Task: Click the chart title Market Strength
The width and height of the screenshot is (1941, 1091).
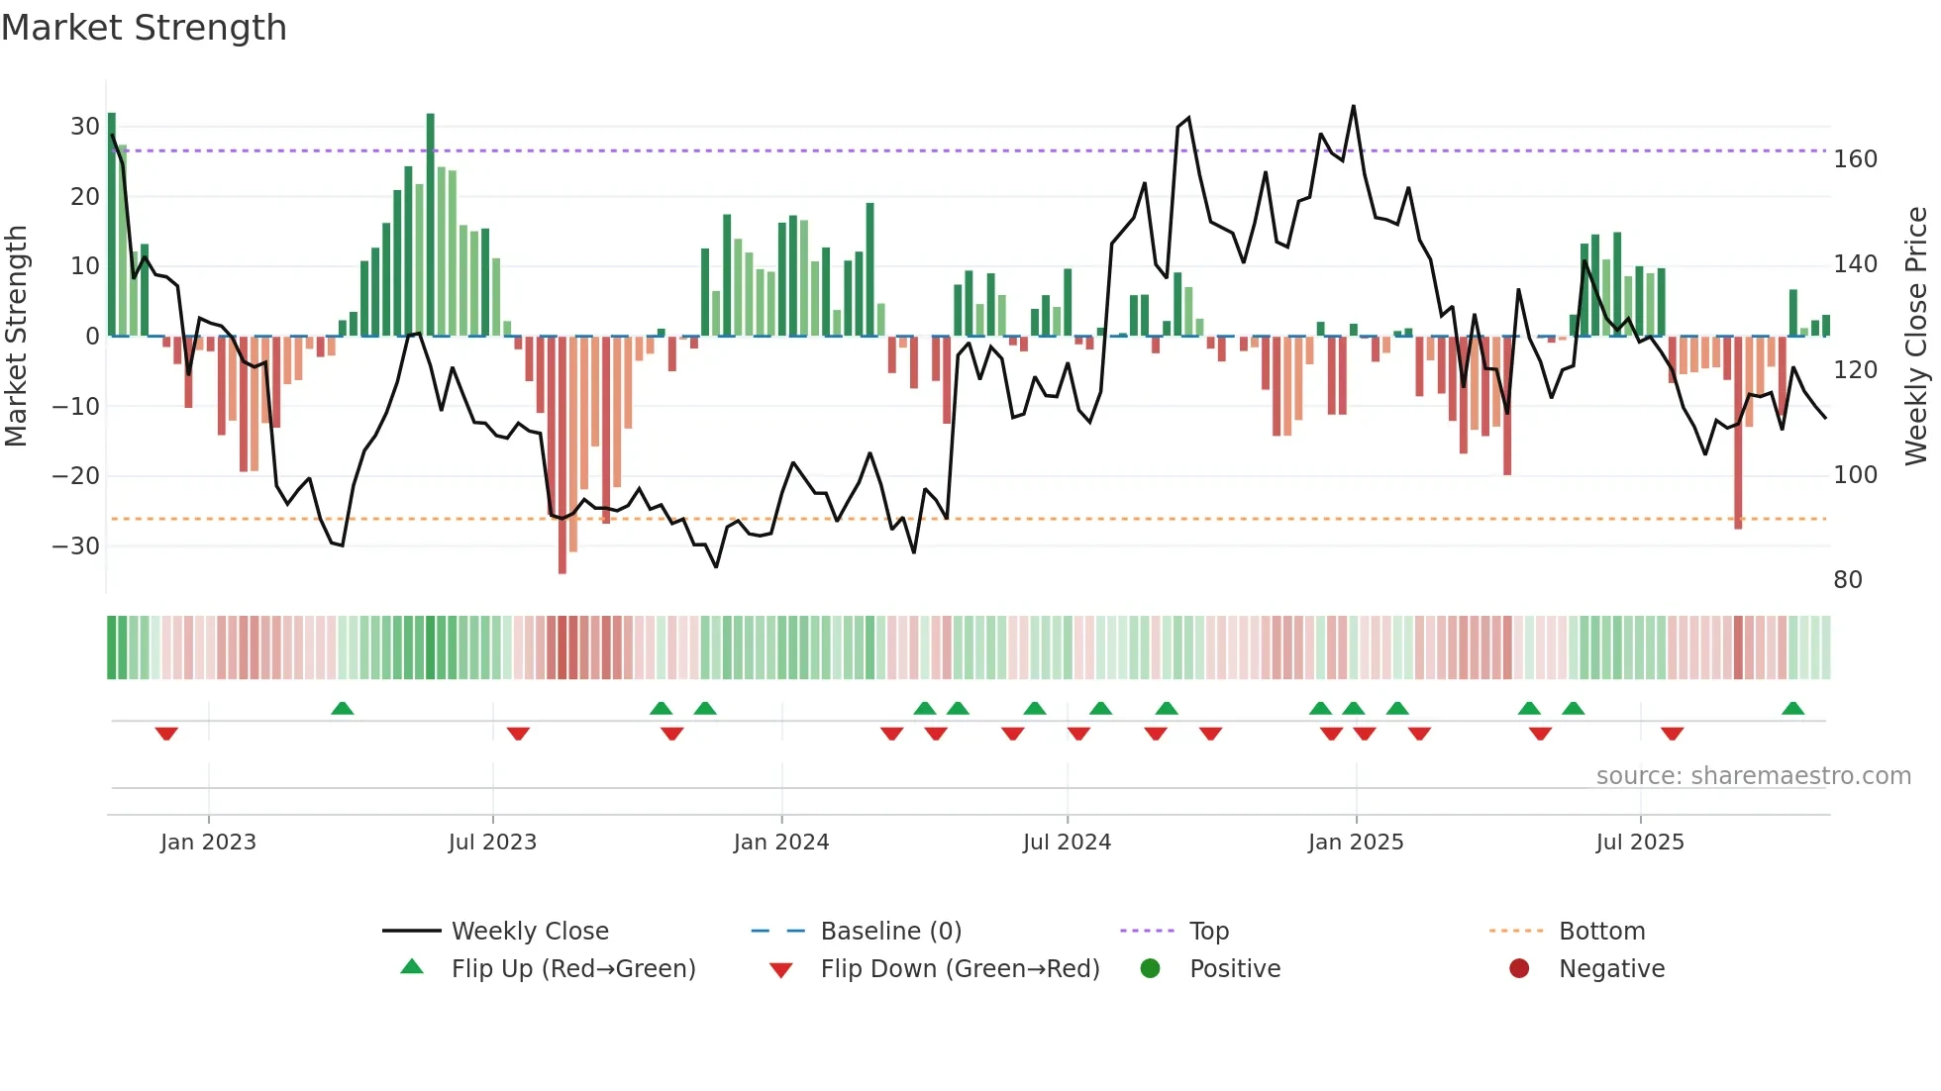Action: [x=144, y=28]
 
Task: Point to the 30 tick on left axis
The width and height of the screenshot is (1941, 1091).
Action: [x=85, y=127]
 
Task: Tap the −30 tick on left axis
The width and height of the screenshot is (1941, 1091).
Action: [x=76, y=545]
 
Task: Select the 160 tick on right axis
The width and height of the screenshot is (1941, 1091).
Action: [x=1855, y=159]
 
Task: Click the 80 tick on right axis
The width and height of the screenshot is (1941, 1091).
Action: [x=1848, y=580]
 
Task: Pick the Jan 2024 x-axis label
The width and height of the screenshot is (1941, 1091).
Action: [x=781, y=843]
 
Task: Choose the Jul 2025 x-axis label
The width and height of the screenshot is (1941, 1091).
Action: [x=1640, y=843]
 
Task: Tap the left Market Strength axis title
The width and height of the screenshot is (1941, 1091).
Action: [x=17, y=337]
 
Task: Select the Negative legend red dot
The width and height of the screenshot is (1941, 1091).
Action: [x=1519, y=968]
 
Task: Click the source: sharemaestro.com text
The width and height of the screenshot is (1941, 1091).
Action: [x=1753, y=776]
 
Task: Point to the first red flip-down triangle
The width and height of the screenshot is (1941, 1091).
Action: [x=166, y=734]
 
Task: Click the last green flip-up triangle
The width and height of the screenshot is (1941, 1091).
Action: [x=1792, y=709]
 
